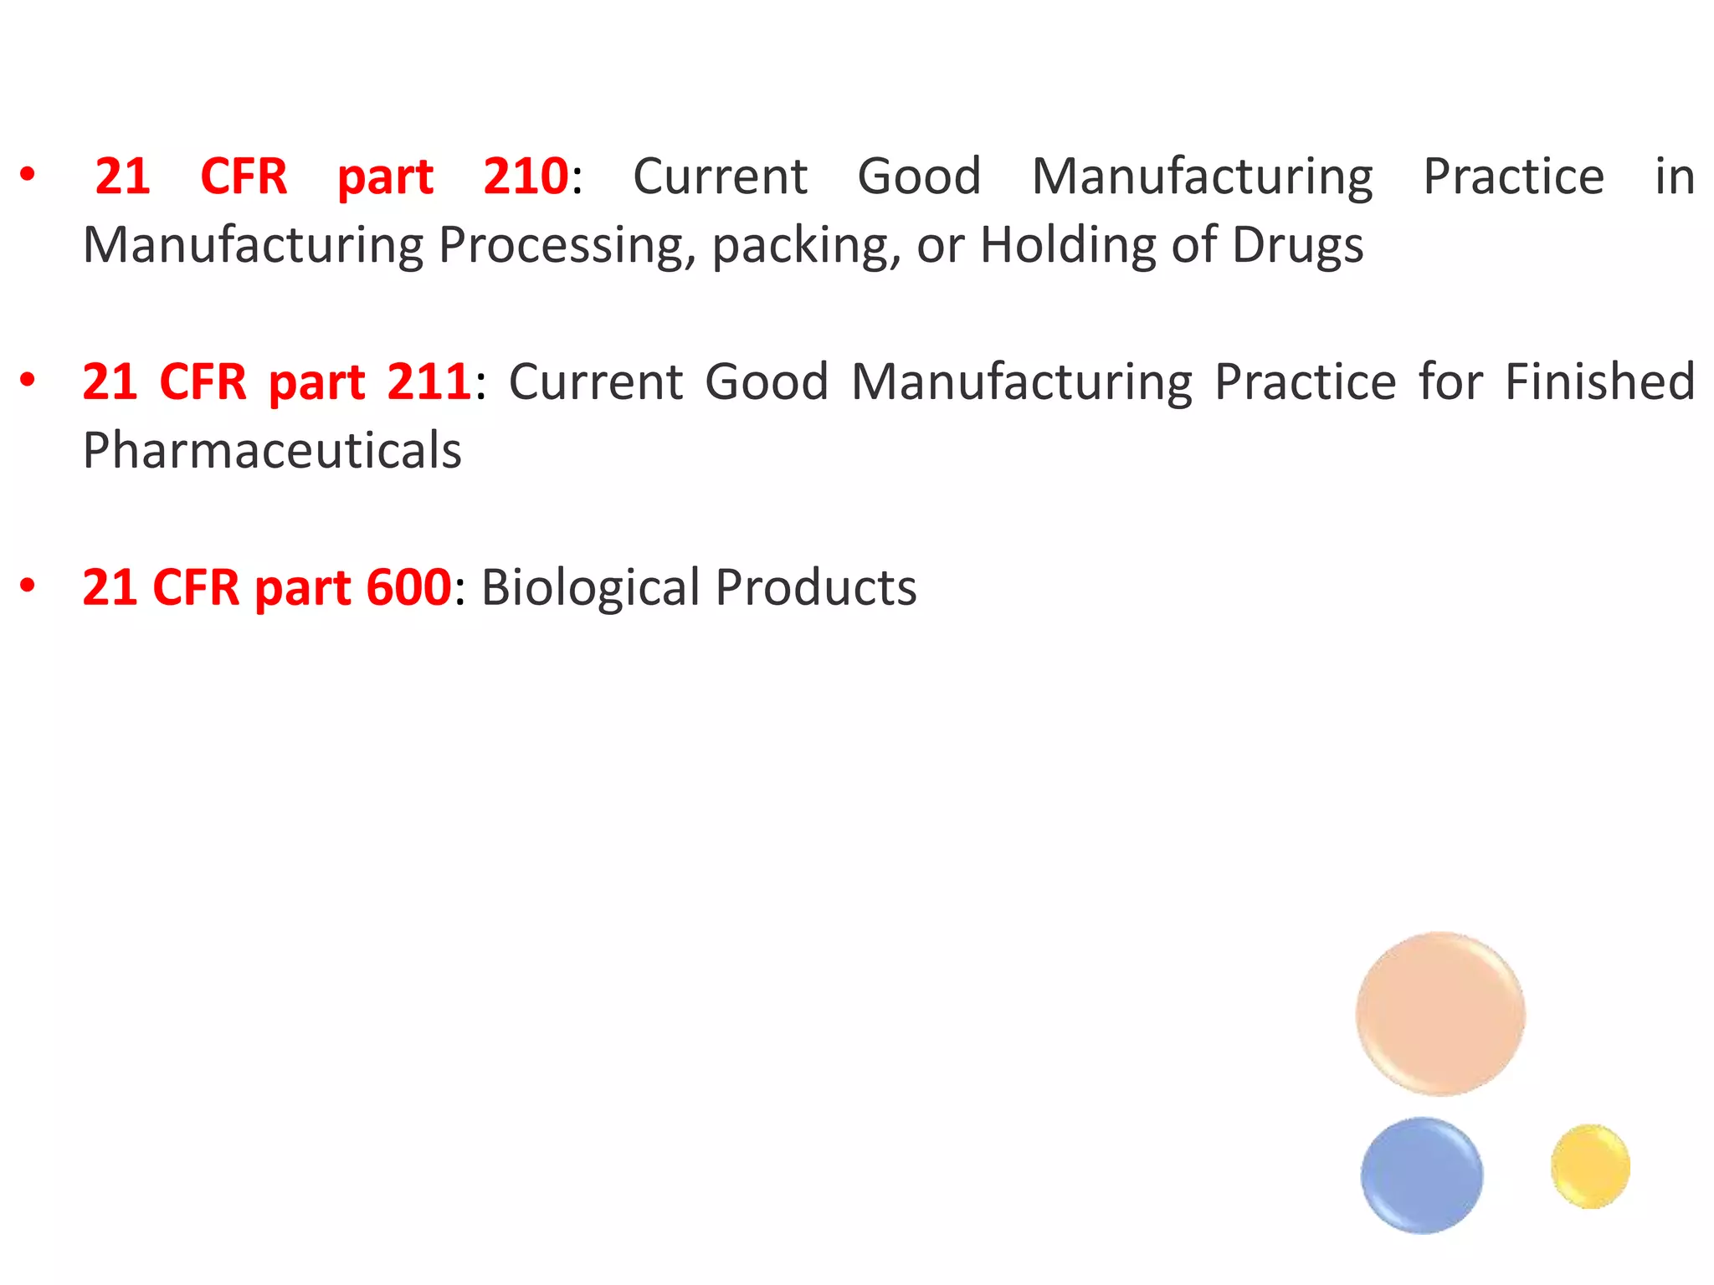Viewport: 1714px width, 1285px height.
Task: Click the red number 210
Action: (x=526, y=177)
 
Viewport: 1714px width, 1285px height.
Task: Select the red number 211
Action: (x=428, y=382)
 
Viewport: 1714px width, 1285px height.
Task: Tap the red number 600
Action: (x=409, y=587)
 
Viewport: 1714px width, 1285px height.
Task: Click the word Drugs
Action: (x=1297, y=246)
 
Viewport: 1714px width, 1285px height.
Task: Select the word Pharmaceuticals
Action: (x=272, y=451)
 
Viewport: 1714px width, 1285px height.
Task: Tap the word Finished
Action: (x=1599, y=382)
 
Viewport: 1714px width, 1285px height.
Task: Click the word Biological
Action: (x=590, y=587)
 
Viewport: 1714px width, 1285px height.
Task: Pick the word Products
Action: (x=816, y=587)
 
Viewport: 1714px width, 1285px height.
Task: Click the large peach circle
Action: (x=1440, y=1014)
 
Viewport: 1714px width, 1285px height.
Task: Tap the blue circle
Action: (x=1422, y=1175)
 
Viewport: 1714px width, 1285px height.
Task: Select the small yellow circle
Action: (x=1590, y=1166)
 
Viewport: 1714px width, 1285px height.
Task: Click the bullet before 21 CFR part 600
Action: (x=28, y=586)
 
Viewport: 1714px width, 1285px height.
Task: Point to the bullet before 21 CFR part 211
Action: (x=28, y=381)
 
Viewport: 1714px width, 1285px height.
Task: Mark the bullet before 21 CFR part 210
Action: (x=28, y=175)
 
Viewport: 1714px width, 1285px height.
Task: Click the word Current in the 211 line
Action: (x=596, y=382)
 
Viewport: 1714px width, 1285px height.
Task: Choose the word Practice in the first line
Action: (x=1513, y=177)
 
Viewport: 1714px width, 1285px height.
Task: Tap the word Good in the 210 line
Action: (x=919, y=177)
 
